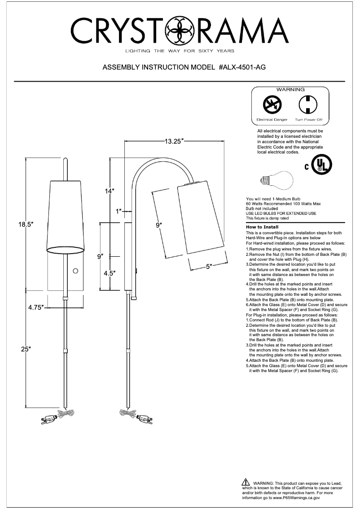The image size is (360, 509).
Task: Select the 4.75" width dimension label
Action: click(x=35, y=307)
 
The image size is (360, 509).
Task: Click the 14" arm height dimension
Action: click(x=109, y=191)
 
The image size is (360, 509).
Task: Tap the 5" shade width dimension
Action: click(x=209, y=267)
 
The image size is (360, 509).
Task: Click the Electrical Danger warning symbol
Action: click(x=272, y=105)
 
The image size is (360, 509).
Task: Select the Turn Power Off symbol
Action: click(x=308, y=105)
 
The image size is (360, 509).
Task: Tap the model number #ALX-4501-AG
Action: click(x=242, y=68)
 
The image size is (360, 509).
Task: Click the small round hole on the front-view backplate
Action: click(x=75, y=270)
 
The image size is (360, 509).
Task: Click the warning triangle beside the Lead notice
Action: click(x=246, y=482)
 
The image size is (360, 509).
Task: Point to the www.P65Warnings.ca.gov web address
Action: click(x=296, y=498)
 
